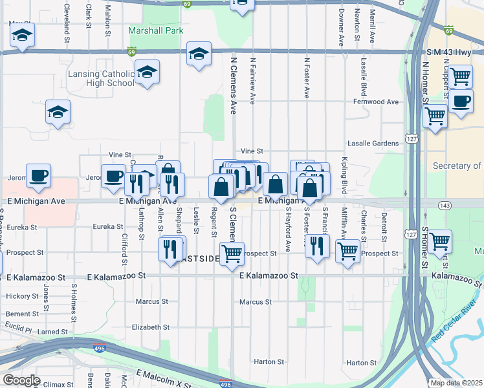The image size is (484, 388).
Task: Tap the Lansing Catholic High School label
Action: (x=102, y=78)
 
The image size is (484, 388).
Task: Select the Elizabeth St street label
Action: (x=150, y=327)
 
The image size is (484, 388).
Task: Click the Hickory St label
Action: (x=22, y=296)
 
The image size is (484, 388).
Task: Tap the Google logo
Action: (x=21, y=380)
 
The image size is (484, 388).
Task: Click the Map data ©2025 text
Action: (x=457, y=383)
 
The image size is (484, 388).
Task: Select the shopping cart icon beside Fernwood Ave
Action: (x=435, y=117)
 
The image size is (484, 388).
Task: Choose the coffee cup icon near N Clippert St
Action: (x=461, y=102)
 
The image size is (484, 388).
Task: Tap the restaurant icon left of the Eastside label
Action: (x=170, y=249)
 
